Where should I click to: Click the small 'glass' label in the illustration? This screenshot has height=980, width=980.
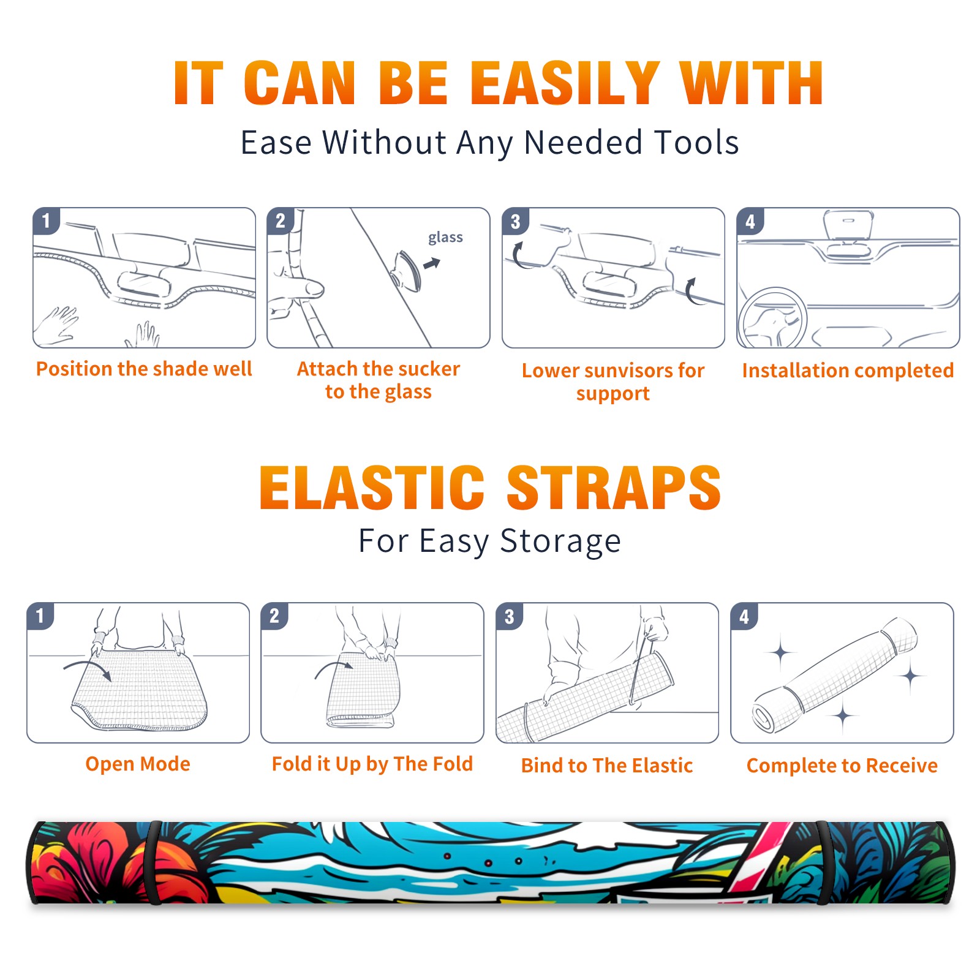[x=445, y=238]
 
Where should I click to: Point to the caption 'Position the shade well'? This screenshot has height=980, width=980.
[x=144, y=369]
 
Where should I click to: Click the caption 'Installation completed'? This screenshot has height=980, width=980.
[x=848, y=371]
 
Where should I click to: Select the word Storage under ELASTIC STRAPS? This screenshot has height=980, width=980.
[x=560, y=541]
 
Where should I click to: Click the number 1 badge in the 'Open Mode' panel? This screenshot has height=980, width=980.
[x=41, y=616]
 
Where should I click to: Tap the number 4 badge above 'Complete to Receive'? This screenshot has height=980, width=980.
[x=744, y=616]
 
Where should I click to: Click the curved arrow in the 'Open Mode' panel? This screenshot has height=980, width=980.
[x=88, y=668]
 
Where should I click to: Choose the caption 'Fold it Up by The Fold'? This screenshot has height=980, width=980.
[x=372, y=764]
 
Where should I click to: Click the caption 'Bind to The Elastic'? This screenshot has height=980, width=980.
[x=607, y=766]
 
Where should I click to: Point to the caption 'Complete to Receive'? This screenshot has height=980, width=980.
[x=842, y=766]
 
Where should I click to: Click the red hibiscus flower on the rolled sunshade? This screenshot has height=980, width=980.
[x=92, y=858]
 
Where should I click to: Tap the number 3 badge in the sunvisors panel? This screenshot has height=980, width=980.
[x=516, y=221]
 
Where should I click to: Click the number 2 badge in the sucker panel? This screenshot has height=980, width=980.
[x=281, y=221]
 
